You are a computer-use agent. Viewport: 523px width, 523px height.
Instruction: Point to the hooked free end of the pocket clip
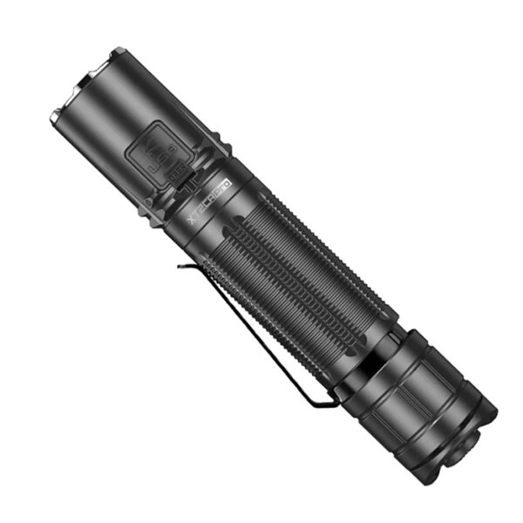click(180, 265)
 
